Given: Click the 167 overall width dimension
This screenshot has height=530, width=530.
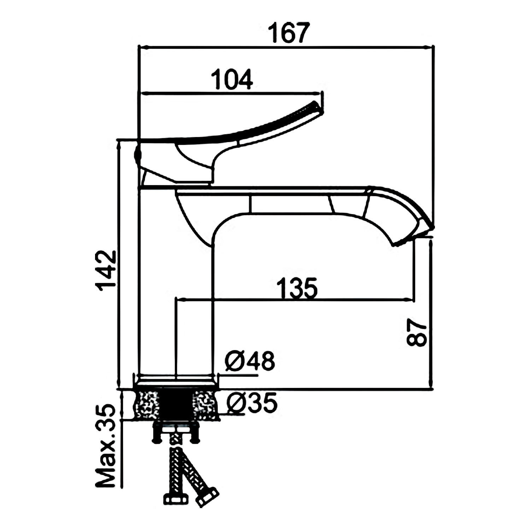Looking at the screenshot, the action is point(289,33).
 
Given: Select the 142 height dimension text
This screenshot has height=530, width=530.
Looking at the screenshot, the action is point(107,271).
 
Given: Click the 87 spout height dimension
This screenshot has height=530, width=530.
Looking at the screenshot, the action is point(417,333).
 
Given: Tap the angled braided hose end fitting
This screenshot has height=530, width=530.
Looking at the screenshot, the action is point(207,496).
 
